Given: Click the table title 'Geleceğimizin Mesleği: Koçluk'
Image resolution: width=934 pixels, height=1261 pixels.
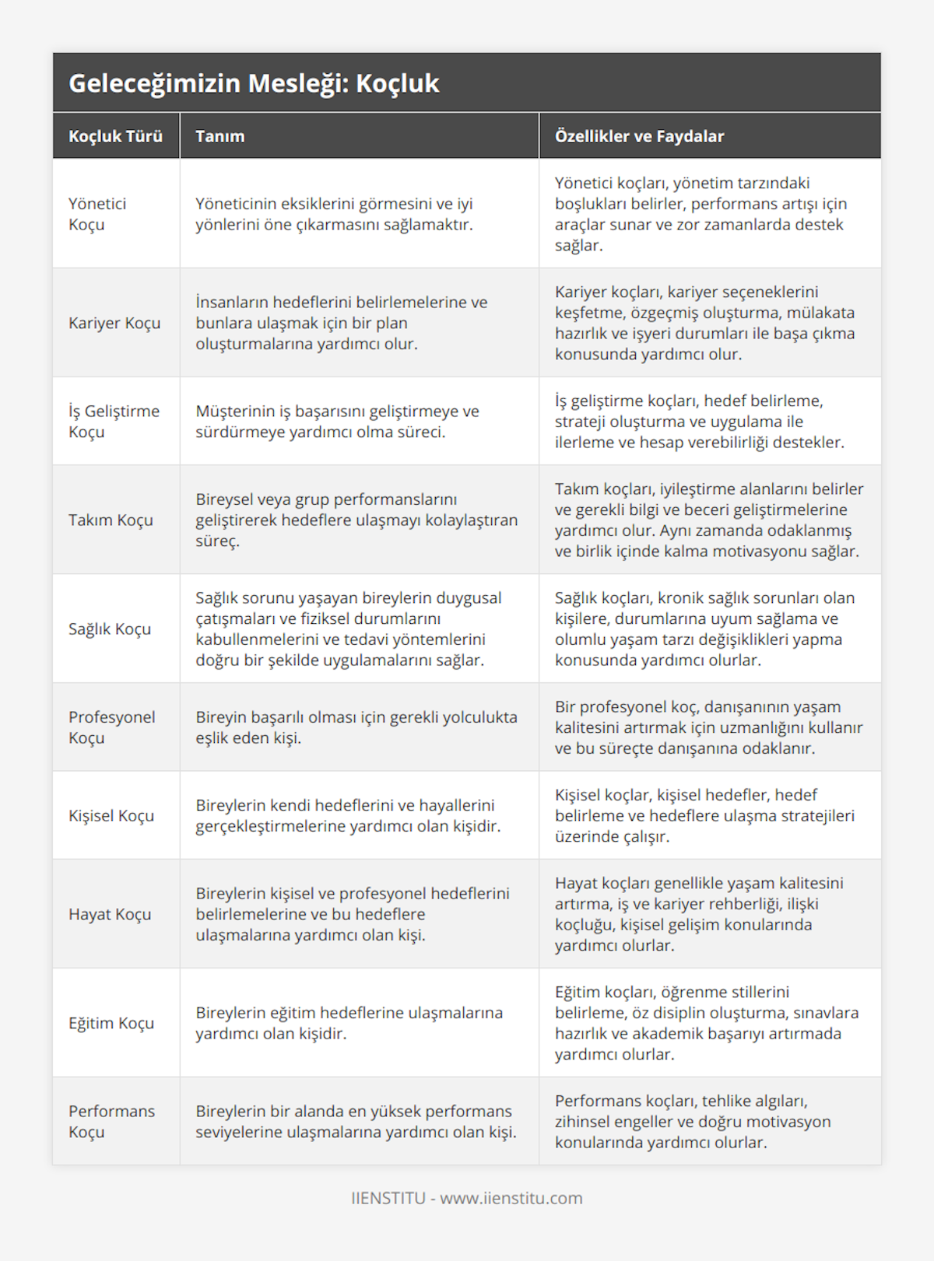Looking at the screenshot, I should point(254,83).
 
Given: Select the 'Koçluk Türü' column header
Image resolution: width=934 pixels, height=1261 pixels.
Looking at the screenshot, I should point(115,136).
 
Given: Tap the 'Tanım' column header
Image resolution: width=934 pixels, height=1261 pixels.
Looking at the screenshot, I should point(220,136).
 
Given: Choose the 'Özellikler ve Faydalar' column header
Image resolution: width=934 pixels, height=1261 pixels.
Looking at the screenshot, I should point(639,136).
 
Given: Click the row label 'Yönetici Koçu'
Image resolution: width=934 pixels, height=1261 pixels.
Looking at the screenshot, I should point(97,214).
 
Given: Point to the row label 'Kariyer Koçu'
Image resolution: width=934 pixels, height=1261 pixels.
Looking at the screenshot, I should point(114,323).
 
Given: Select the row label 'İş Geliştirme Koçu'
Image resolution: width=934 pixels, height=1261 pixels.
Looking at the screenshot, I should point(114,421).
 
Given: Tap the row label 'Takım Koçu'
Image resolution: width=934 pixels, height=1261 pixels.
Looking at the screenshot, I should point(111,520).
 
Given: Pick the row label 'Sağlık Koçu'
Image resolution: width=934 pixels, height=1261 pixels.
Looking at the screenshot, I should point(110,629).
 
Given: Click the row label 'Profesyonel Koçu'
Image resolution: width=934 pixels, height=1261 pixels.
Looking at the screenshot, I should point(111,727).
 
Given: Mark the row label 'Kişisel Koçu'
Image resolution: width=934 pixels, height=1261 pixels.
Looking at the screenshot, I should point(111,815).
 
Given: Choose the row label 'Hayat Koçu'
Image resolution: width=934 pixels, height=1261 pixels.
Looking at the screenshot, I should point(110,914).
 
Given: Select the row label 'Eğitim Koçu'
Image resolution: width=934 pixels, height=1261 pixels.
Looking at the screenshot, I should point(111,1023).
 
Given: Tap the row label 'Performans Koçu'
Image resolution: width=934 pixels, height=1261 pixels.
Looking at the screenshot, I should point(111,1121).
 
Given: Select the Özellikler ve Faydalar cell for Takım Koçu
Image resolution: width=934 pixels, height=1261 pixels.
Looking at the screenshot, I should point(708,520).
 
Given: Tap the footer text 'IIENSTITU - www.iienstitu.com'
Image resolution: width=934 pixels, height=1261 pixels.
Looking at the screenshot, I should point(467,1198).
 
